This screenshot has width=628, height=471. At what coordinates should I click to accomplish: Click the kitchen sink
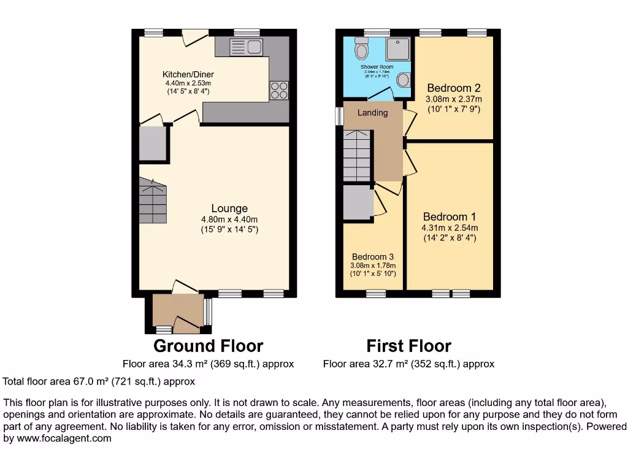[x=245, y=47]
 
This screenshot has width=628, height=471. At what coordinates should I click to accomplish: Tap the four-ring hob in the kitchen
[x=279, y=90]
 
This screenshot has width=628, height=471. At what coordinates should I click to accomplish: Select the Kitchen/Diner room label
[x=188, y=74]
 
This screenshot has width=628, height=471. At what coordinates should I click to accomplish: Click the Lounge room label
[x=229, y=209]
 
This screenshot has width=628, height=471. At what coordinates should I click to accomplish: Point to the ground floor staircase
[x=153, y=201]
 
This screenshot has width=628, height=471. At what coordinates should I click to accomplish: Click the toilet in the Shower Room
[x=362, y=47]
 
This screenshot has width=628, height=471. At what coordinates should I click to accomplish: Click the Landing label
[x=373, y=113]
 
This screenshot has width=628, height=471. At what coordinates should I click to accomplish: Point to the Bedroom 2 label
[x=453, y=88]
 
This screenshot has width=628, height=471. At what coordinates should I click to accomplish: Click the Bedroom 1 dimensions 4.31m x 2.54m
[x=449, y=228]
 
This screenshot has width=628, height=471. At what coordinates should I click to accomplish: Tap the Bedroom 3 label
[x=373, y=257]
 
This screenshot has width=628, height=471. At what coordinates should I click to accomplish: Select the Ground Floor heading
[x=208, y=346]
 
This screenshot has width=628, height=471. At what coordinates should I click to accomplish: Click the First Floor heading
[x=408, y=346]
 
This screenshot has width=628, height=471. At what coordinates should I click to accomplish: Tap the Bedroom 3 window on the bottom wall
[x=376, y=294]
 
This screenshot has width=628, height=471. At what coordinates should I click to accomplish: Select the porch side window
[x=207, y=312]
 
